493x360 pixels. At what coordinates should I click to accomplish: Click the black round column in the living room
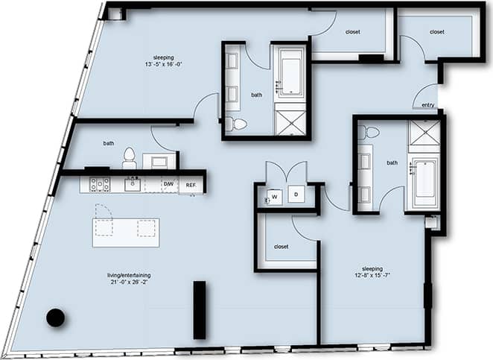(55, 318)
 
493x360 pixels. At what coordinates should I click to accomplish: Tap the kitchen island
(125, 232)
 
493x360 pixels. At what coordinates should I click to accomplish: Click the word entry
(428, 105)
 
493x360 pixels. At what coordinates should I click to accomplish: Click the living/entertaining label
(129, 275)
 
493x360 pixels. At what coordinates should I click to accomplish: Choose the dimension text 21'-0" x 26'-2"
(129, 282)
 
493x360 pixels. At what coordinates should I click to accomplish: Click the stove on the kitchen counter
(100, 184)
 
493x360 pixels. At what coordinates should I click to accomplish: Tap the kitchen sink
(133, 183)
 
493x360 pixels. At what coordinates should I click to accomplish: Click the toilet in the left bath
(129, 157)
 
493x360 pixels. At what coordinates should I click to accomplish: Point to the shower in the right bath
(424, 134)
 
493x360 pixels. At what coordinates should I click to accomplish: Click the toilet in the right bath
(368, 133)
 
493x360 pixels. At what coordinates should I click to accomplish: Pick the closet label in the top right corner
(436, 32)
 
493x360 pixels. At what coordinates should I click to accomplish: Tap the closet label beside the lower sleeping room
(281, 246)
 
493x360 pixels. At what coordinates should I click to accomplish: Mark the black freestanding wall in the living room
(199, 310)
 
